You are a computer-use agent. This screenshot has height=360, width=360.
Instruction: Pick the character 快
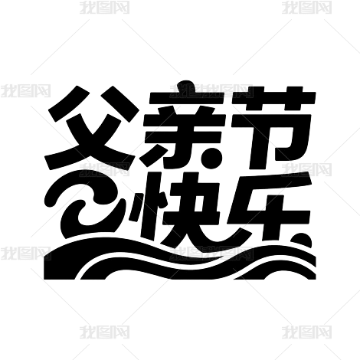click(176, 209)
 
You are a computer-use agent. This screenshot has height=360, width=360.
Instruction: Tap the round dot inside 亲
click(212, 159)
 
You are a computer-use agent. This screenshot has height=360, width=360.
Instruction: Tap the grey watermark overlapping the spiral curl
click(104, 169)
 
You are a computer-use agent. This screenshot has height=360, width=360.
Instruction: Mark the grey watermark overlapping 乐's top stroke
click(306, 169)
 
